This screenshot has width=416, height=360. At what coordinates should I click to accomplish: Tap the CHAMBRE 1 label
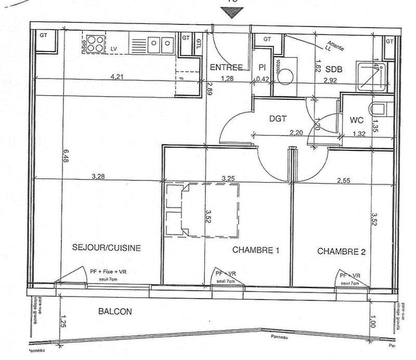[x=256, y=250]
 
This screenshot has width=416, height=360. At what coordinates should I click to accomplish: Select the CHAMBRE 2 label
[x=342, y=251]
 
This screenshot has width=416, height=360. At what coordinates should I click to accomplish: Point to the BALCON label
[x=115, y=312]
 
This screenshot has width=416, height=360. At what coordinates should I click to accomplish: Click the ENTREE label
[x=226, y=67]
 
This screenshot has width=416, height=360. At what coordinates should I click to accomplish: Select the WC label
[x=356, y=120]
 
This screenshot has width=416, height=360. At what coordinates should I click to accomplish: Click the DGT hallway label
[x=279, y=119]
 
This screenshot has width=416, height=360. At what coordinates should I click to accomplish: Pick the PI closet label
[x=262, y=68]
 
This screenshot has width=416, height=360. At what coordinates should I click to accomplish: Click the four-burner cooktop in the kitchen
[x=95, y=43]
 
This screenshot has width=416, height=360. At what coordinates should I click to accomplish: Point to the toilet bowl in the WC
[x=378, y=110]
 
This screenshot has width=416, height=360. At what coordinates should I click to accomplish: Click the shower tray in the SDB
[x=371, y=75]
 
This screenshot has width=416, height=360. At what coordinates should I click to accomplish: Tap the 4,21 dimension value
[x=119, y=76]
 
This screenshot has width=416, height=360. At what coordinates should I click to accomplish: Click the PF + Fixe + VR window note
[x=108, y=272]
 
